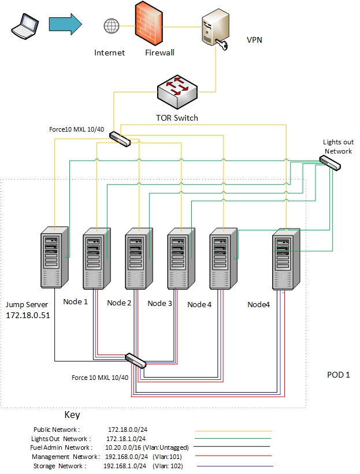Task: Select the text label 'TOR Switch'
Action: click(177, 118)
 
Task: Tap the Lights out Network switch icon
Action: click(331, 163)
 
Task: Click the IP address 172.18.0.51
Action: click(28, 316)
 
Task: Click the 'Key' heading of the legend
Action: click(72, 415)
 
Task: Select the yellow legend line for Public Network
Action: click(234, 431)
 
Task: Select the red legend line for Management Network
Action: click(234, 457)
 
